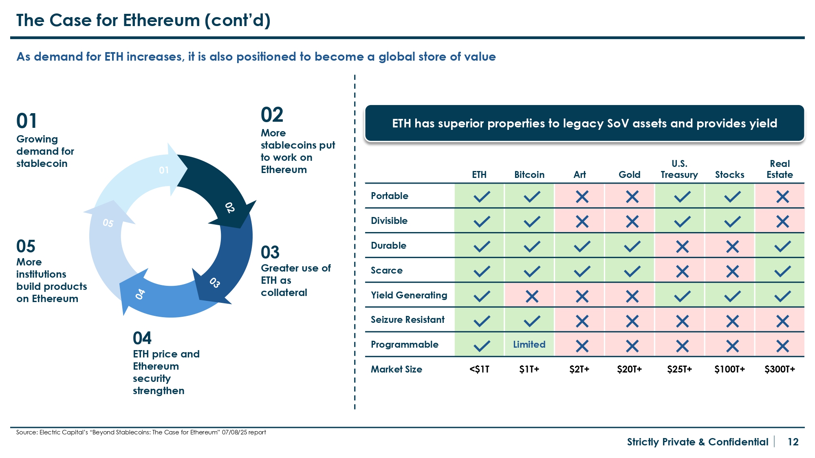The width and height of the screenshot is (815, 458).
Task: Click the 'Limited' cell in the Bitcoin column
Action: (529, 344)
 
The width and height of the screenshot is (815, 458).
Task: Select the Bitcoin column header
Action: (529, 175)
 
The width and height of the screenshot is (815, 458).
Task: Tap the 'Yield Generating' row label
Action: (409, 295)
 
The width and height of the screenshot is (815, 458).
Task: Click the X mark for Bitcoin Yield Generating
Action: (532, 296)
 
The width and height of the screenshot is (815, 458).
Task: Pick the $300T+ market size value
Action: (780, 369)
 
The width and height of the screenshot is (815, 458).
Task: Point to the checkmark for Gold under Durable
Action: (632, 246)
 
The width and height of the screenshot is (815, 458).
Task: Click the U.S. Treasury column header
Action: (679, 169)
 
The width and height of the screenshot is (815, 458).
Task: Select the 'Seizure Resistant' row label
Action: (407, 320)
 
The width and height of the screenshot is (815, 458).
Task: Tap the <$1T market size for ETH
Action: (479, 369)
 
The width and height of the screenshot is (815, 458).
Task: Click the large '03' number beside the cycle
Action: (270, 252)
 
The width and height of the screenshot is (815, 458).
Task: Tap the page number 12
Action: (793, 442)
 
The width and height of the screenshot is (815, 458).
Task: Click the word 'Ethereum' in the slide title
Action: (161, 20)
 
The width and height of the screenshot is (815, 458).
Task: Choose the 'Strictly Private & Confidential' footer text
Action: (697, 442)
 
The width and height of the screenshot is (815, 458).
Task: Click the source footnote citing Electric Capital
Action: (141, 432)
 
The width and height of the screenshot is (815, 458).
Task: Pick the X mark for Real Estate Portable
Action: (782, 197)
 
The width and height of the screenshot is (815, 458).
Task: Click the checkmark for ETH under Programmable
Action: (482, 346)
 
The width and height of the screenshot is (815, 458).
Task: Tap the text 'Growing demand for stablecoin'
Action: (45, 151)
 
